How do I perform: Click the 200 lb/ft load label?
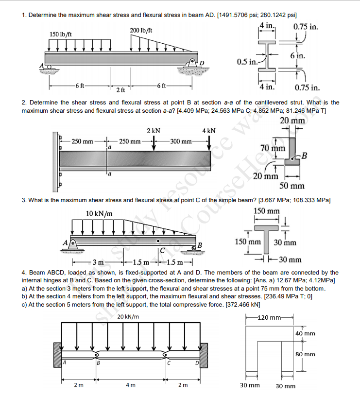[141, 31]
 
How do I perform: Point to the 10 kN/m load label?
[99, 214]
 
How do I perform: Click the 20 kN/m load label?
[128, 316]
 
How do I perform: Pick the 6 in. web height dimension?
[298, 56]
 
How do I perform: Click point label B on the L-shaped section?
[305, 156]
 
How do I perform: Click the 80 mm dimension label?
[305, 354]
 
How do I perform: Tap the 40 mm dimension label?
[305, 334]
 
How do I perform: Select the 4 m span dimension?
[130, 385]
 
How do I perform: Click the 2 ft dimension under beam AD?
[120, 90]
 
